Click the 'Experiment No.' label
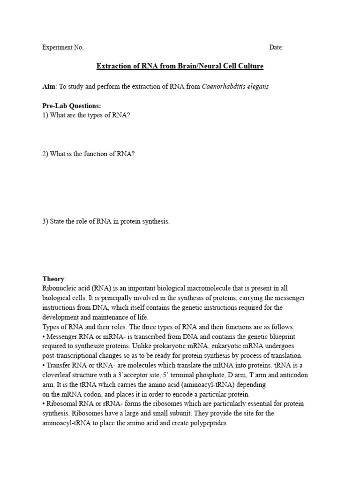point(63,47)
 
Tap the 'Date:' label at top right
point(276,47)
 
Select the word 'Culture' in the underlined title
point(249,66)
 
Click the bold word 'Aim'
point(49,87)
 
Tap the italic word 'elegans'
point(257,87)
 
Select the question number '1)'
point(45,115)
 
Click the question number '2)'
point(45,154)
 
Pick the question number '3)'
point(45,221)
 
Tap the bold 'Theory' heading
point(54,279)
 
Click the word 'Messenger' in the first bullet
point(61,337)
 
